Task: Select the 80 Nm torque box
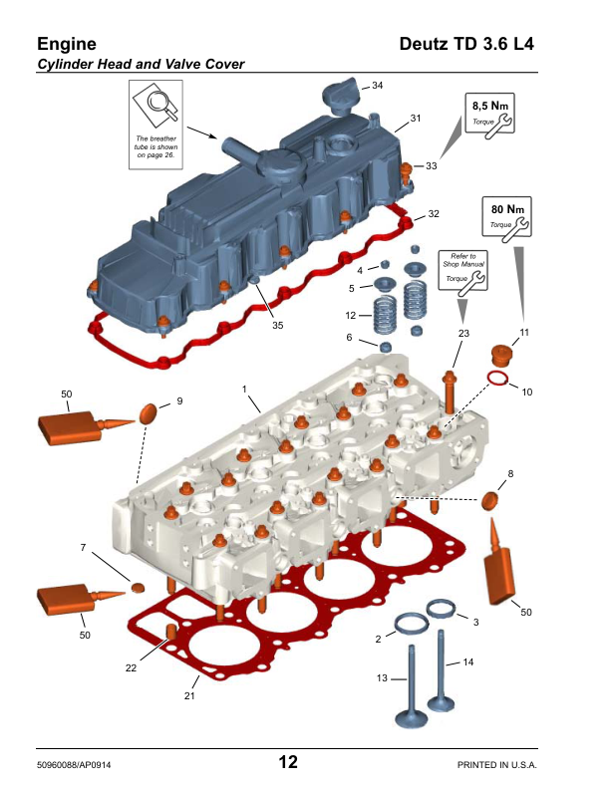(506, 219)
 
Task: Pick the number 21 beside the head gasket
(189, 695)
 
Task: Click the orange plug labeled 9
(148, 410)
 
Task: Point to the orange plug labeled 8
(490, 499)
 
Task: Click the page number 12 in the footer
(288, 763)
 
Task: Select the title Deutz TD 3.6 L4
(466, 45)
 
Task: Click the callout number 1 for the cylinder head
(244, 388)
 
